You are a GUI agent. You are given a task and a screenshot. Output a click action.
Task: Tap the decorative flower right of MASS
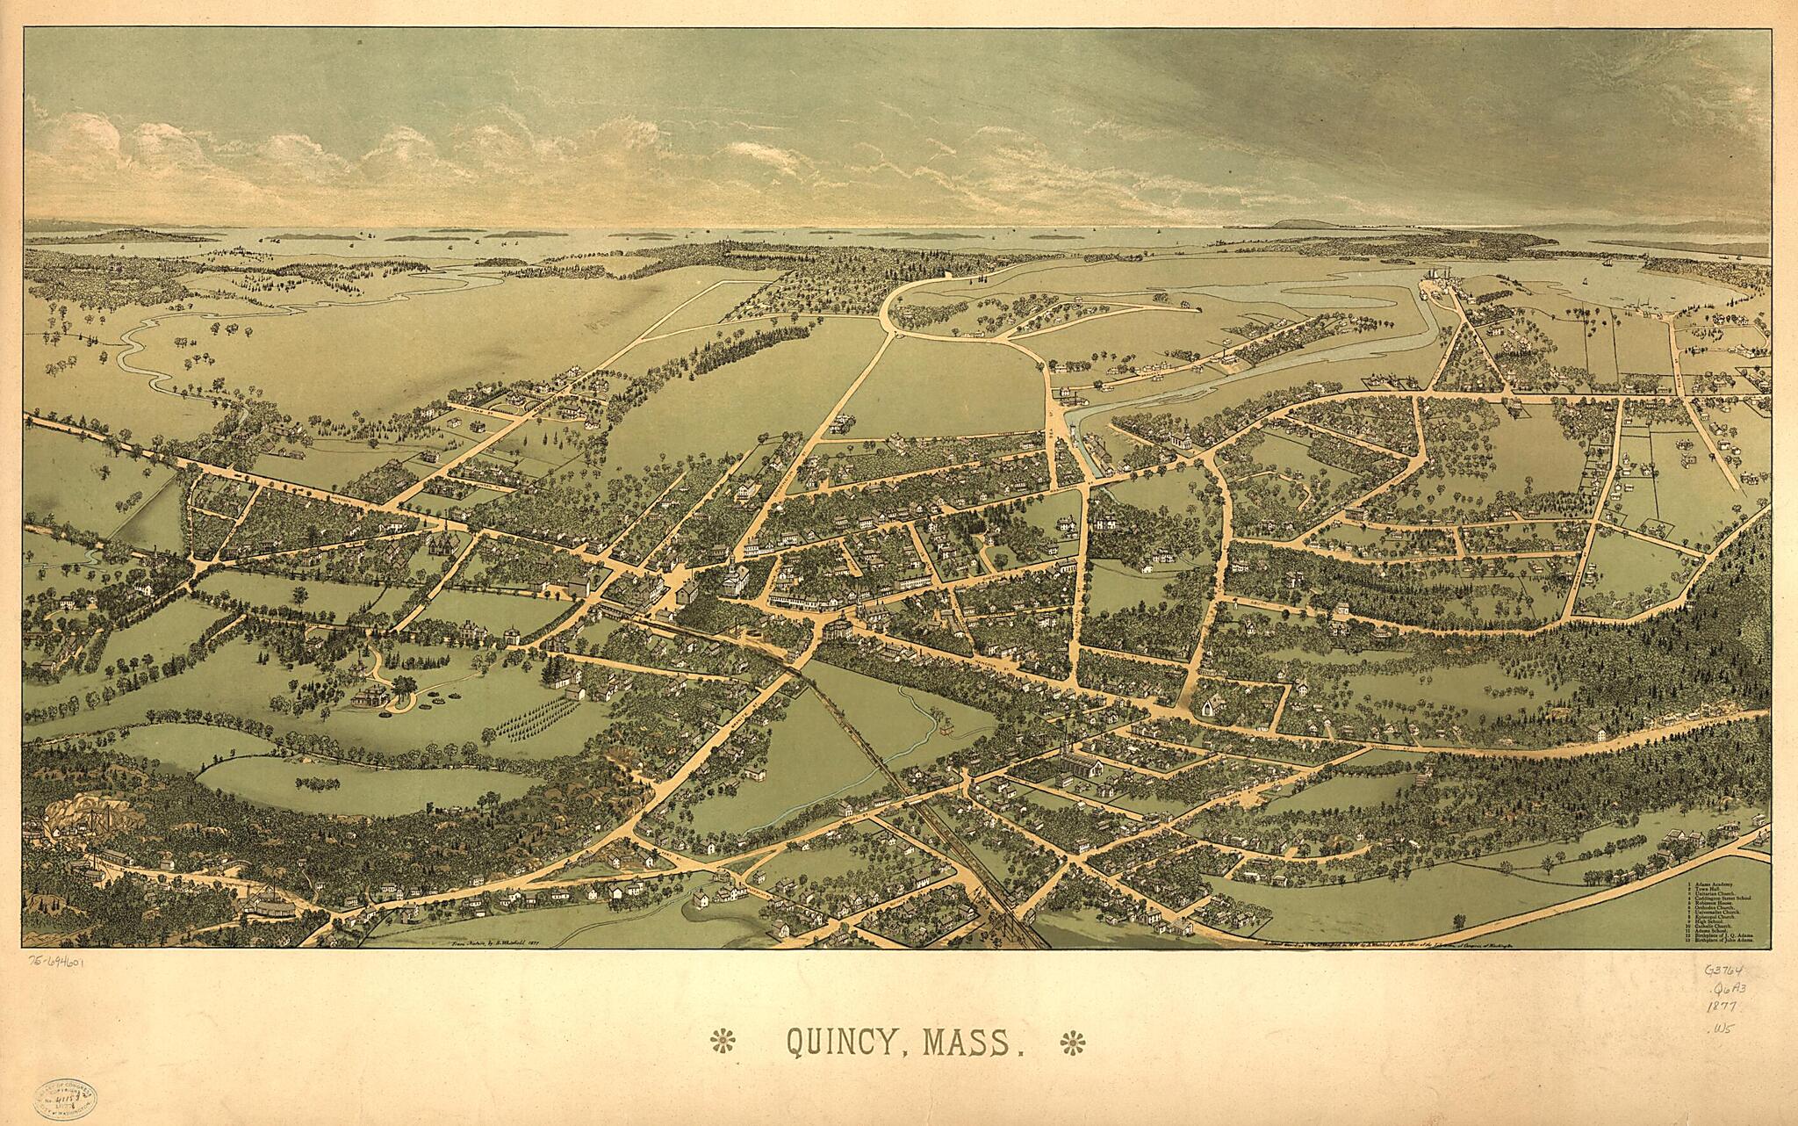(x=1072, y=1043)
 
